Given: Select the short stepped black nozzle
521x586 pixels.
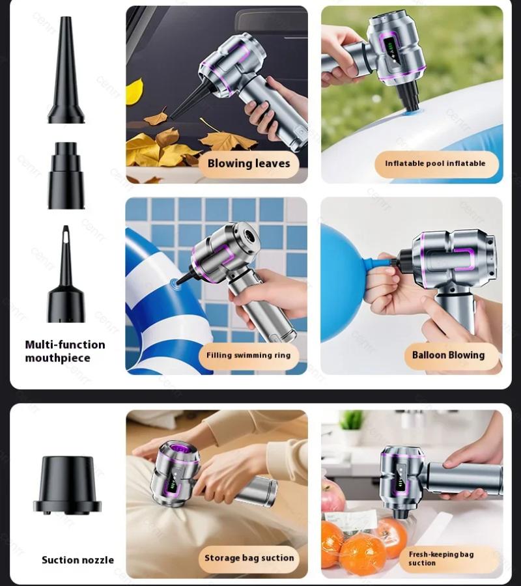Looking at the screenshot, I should tap(66, 176).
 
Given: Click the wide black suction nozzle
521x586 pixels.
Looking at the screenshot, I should tap(66, 486).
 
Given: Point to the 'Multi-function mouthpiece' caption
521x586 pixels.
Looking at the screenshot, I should tap(65, 352).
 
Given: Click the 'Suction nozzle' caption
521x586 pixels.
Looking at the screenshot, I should tap(77, 560).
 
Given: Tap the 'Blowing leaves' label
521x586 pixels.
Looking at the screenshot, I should tap(249, 163).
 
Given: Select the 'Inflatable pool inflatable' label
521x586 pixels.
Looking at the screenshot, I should tap(435, 163).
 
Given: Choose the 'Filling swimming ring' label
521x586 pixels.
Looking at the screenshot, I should tap(248, 356).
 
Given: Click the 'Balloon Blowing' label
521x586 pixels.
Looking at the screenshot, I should tap(448, 356).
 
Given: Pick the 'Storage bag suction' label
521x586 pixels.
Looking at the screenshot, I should tap(249, 558).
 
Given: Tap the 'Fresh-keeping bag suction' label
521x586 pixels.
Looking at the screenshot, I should tap(441, 559).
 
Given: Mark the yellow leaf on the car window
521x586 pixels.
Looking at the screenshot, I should tap(134, 91).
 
